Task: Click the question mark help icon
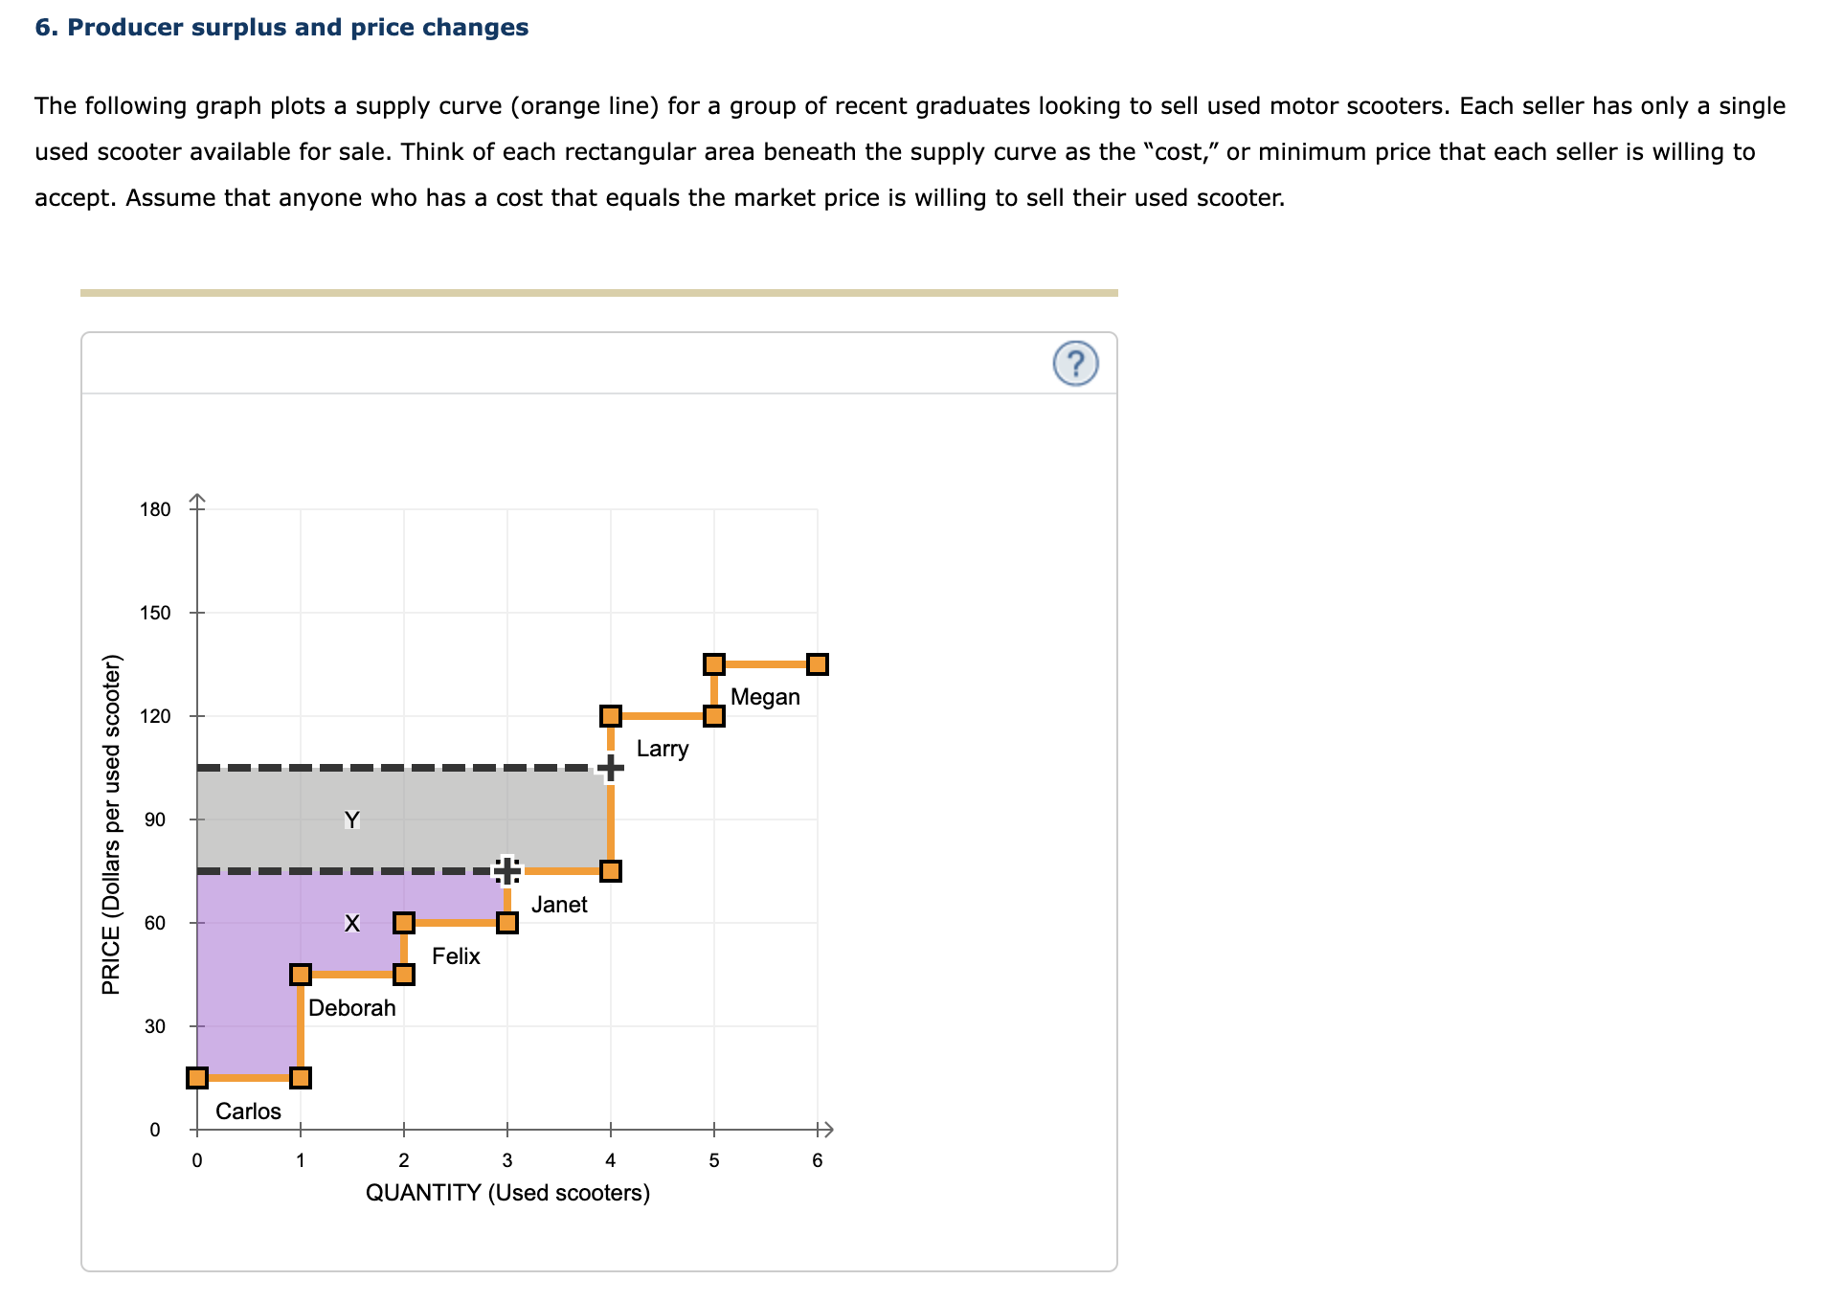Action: (x=1075, y=364)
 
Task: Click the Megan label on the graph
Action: (x=765, y=697)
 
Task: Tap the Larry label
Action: (x=662, y=749)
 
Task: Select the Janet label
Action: (x=559, y=905)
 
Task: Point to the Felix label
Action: (x=456, y=956)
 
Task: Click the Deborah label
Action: (x=351, y=1008)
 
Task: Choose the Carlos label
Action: (x=248, y=1111)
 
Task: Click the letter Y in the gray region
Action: (x=352, y=820)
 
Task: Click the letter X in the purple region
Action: (x=352, y=924)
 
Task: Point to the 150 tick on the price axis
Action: (x=155, y=613)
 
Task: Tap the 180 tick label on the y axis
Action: (x=155, y=509)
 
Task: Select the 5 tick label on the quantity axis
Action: (x=713, y=1161)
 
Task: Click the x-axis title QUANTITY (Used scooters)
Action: (x=507, y=1193)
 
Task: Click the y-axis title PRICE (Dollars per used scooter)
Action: (x=111, y=824)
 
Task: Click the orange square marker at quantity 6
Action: (x=817, y=664)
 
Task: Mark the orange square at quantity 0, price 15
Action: (x=197, y=1078)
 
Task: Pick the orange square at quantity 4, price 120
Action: (x=611, y=716)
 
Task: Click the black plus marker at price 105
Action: (x=610, y=768)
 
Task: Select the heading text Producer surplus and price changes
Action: (x=281, y=28)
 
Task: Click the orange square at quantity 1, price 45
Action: (x=301, y=975)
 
